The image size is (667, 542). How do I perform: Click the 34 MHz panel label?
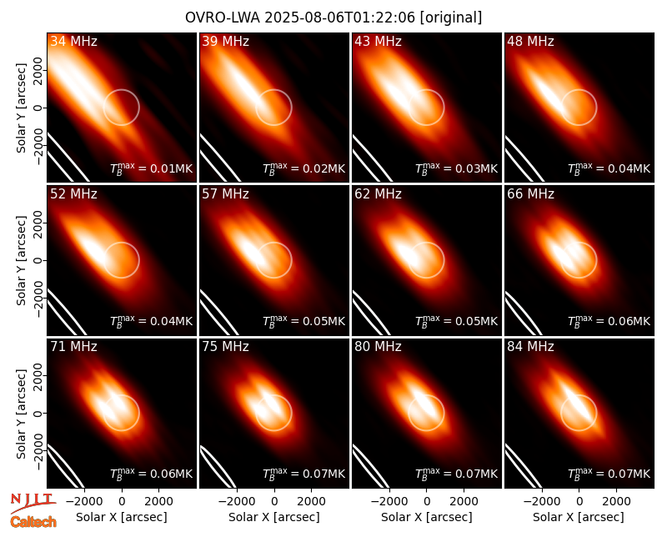click(73, 41)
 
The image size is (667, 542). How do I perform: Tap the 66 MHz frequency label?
click(530, 194)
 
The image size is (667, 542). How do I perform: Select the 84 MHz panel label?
click(530, 347)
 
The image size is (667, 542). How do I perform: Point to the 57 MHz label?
click(225, 194)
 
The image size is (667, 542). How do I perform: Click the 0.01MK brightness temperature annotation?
click(152, 168)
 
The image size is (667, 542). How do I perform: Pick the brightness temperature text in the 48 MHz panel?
click(609, 168)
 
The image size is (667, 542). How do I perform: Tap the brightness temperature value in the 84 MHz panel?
click(609, 474)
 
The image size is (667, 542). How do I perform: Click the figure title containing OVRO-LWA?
click(333, 18)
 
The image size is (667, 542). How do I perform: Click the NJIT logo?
click(33, 503)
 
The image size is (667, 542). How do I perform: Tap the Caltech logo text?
click(33, 522)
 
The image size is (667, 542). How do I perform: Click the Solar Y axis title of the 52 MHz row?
click(22, 260)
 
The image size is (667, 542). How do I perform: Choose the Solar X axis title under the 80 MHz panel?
click(427, 517)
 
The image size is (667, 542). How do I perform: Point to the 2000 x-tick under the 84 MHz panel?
click(616, 501)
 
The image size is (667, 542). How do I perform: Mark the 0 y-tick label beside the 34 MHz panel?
click(38, 108)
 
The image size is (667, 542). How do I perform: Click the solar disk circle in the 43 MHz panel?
click(444, 108)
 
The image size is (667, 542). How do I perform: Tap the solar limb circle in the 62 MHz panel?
click(444, 260)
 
